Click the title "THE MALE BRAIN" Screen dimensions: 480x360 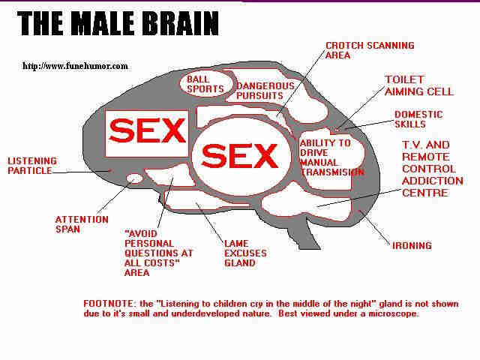point(118,23)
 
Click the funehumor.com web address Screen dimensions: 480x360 point(75,66)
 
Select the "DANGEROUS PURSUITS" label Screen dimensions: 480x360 point(265,91)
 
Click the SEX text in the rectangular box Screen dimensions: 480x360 point(147,130)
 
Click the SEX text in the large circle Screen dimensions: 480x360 point(240,155)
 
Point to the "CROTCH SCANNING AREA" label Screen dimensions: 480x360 point(370,50)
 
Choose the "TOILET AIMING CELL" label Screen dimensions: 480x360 point(418,85)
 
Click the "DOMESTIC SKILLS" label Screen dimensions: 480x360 point(418,119)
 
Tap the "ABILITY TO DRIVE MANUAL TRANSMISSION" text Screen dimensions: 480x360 point(331,157)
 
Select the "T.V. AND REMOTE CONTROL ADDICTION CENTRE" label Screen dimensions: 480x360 point(432,169)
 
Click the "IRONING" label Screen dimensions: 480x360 point(412,245)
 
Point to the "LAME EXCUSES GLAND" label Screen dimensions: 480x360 point(245,253)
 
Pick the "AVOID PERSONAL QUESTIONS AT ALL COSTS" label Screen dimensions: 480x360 point(158,253)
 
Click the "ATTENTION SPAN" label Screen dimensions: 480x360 point(82,224)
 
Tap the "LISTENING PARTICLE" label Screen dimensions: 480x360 point(32,166)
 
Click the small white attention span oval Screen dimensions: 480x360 point(135,178)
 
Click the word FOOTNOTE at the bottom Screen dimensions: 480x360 point(109,304)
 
